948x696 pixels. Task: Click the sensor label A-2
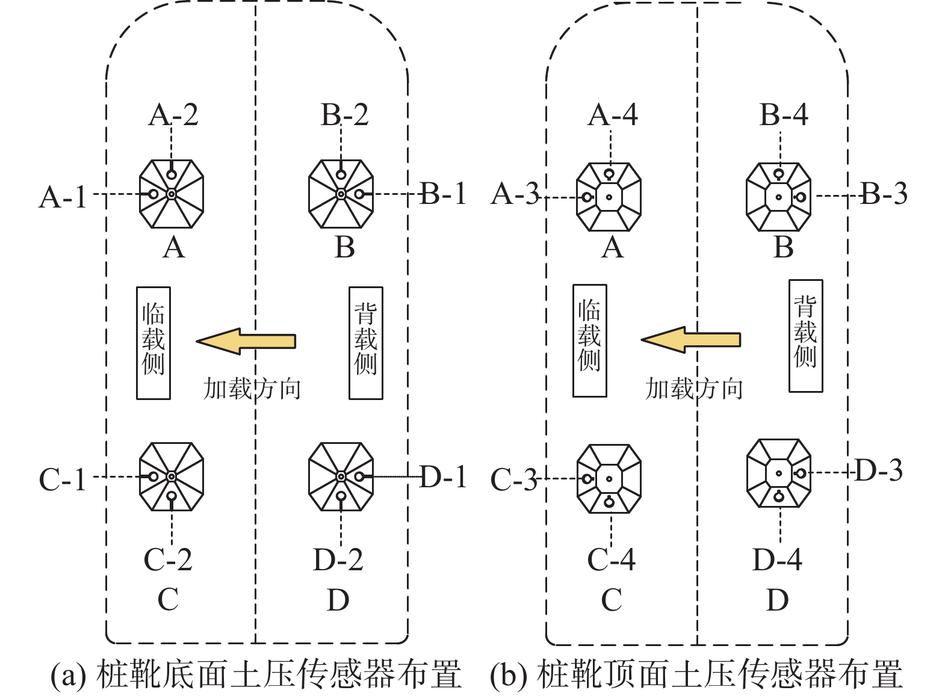pyautogui.click(x=173, y=114)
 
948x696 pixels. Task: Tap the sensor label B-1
pyautogui.click(x=443, y=194)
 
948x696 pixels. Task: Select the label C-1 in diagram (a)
pyautogui.click(x=63, y=480)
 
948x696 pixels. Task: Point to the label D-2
pyautogui.click(x=338, y=559)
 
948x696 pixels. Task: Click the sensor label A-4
pyautogui.click(x=613, y=114)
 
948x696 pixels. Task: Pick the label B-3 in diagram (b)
pyautogui.click(x=884, y=194)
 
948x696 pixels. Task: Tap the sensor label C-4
pyautogui.click(x=612, y=559)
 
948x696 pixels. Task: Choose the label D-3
pyautogui.click(x=879, y=470)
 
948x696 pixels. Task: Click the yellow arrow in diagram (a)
pyautogui.click(x=246, y=341)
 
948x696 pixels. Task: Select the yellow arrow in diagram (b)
pyautogui.click(x=691, y=339)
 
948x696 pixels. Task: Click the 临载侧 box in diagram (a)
pyautogui.click(x=153, y=343)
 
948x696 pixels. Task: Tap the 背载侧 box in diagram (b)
pyautogui.click(x=806, y=336)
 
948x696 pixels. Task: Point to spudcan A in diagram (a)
pyautogui.click(x=172, y=194)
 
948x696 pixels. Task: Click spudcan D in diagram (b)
pyautogui.click(x=779, y=473)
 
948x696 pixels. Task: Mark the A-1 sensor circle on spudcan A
pyautogui.click(x=153, y=194)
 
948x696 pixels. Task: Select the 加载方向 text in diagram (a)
pyautogui.click(x=252, y=389)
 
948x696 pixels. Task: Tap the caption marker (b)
pyautogui.click(x=509, y=675)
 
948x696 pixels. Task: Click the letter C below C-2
pyautogui.click(x=168, y=599)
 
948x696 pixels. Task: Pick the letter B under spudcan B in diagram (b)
pyautogui.click(x=783, y=247)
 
